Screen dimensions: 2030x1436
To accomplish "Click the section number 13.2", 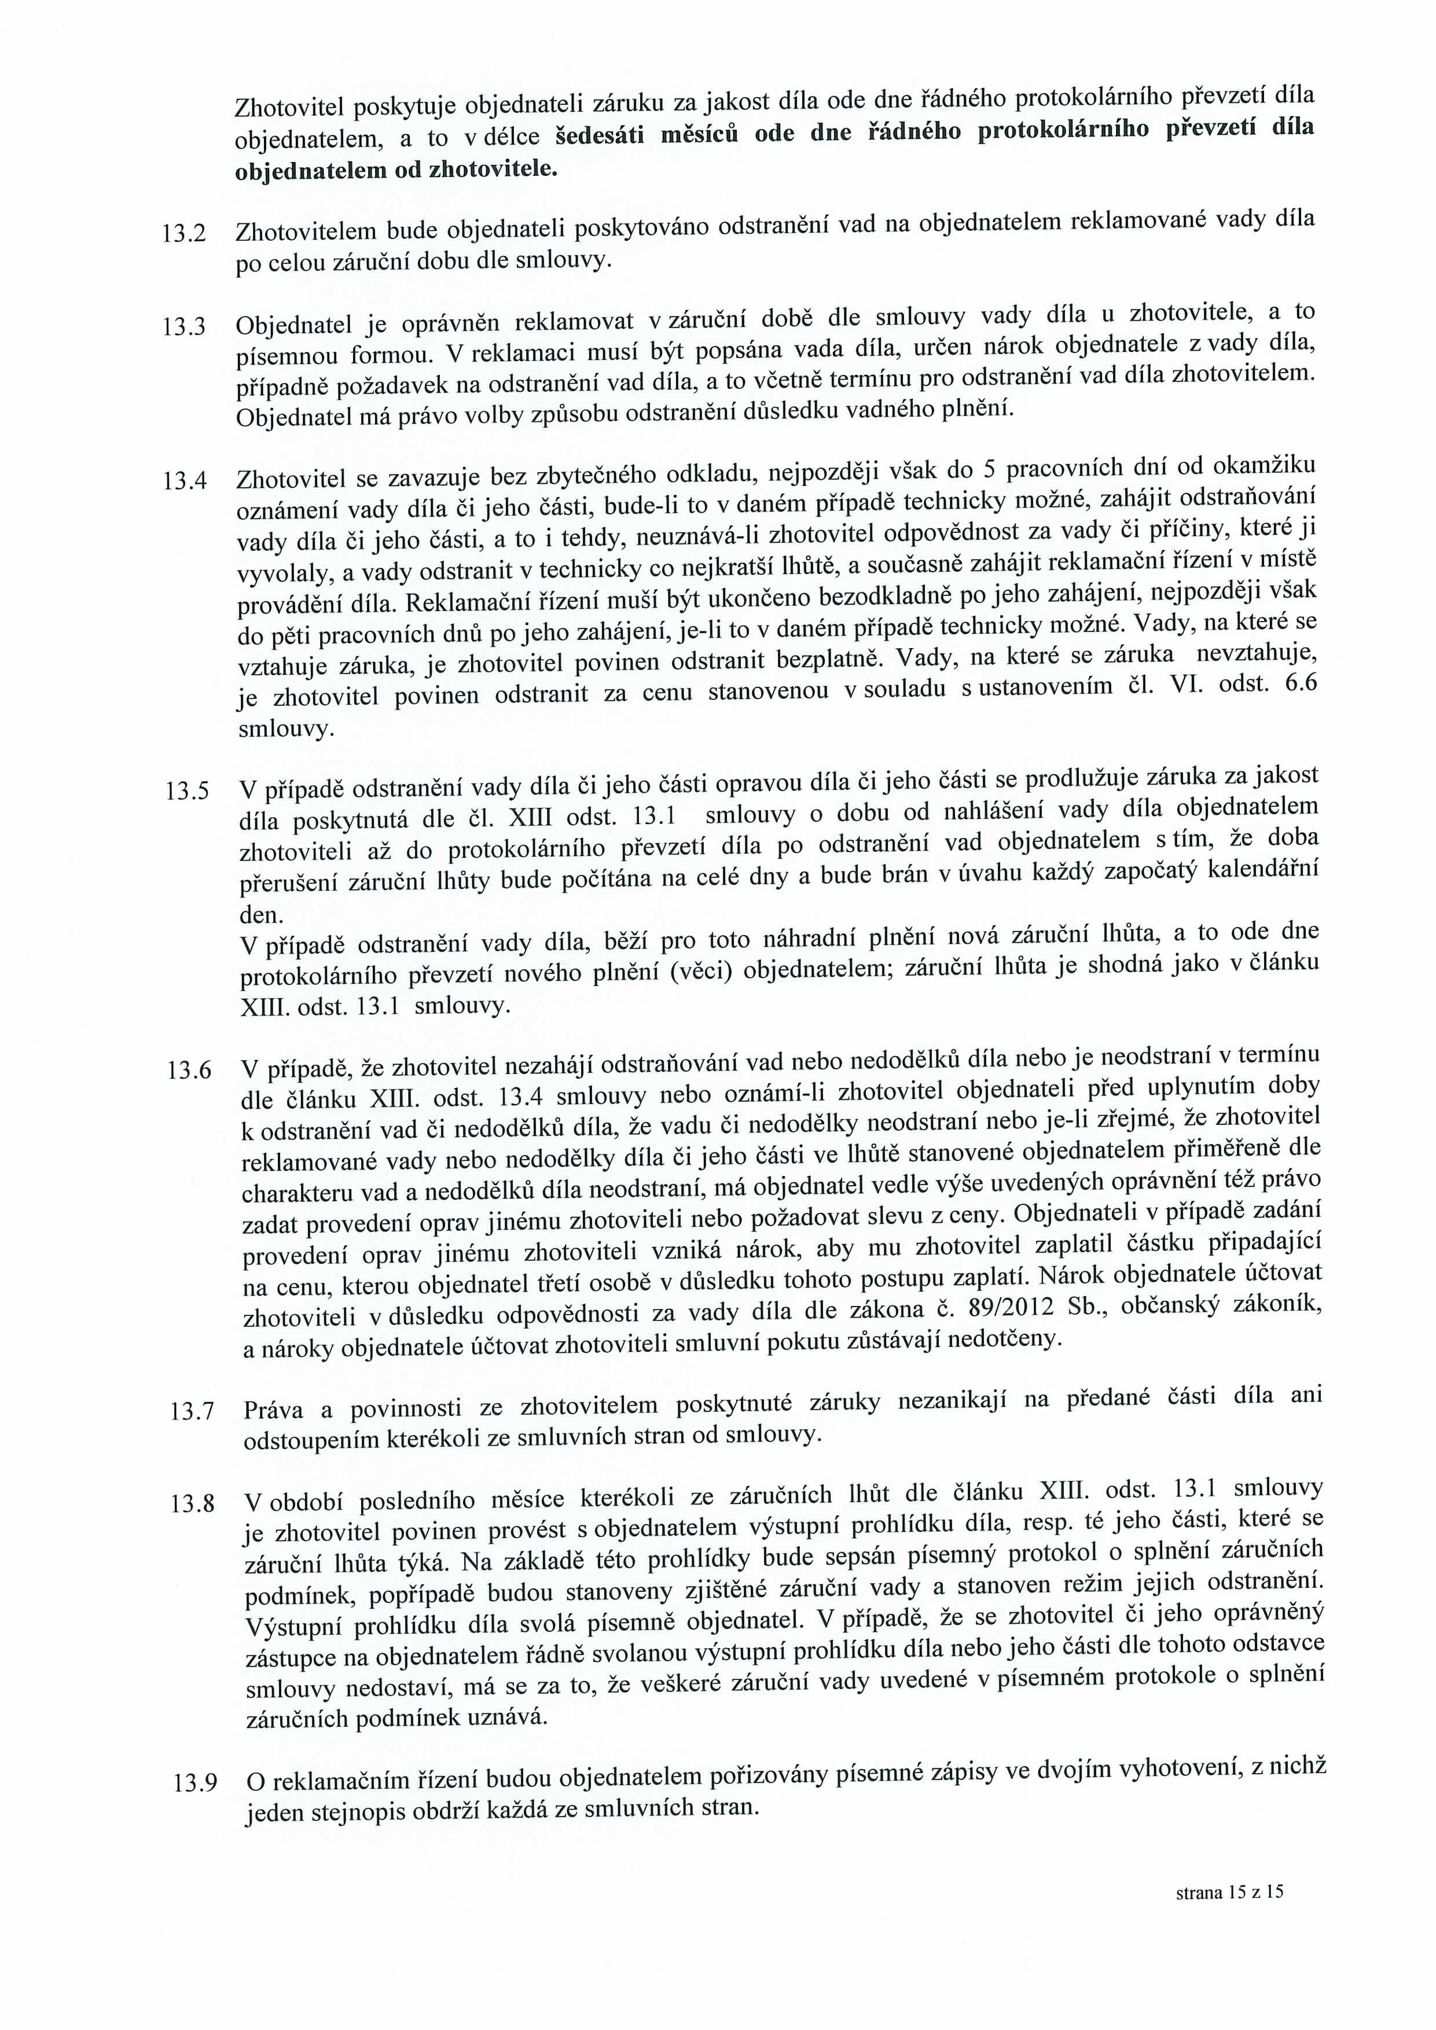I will click(x=185, y=235).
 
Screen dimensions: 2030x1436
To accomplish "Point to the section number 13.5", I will click(x=188, y=791).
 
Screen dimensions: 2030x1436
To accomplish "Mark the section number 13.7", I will click(x=193, y=1411).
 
